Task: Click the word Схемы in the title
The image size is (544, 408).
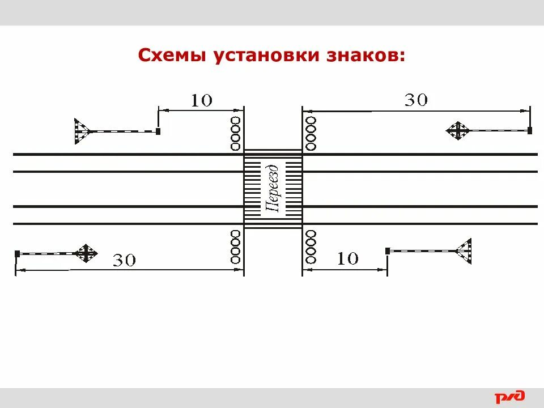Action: [172, 57]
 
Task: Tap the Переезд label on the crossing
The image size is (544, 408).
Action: [273, 189]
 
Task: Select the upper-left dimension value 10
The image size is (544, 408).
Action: [201, 101]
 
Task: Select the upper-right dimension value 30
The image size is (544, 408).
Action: [416, 100]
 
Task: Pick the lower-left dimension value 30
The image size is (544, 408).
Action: [125, 261]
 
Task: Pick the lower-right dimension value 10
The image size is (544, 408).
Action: [347, 259]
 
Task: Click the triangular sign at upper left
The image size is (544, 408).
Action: [81, 131]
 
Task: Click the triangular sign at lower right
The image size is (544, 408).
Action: [465, 250]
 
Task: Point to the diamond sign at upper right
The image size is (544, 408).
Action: [458, 131]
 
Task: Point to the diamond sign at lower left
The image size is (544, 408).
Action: [86, 253]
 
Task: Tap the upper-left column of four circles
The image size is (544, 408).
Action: [236, 133]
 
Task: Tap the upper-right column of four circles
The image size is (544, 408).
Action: [311, 133]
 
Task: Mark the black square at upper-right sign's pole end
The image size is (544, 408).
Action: [530, 131]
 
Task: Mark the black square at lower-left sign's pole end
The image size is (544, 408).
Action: [18, 253]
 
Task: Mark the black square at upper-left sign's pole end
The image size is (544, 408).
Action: [158, 131]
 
